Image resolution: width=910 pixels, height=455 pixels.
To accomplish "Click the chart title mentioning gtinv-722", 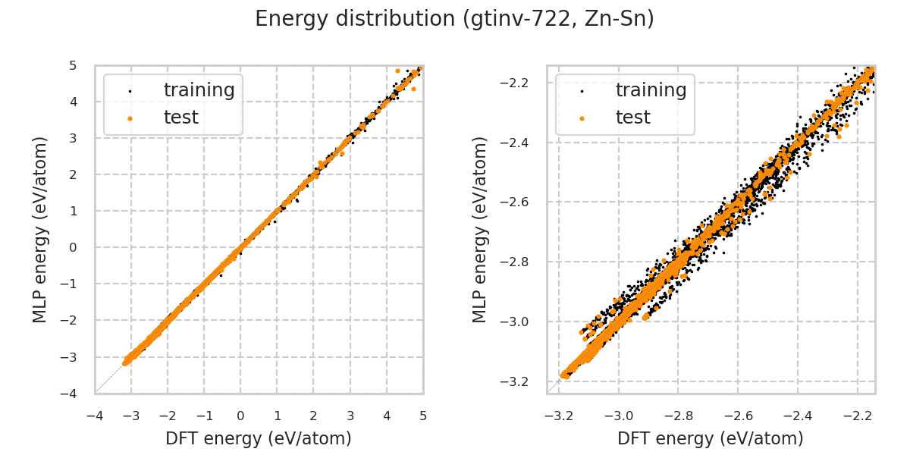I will pos(454,19).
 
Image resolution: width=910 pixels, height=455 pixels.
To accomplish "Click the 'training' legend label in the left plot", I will pos(199,90).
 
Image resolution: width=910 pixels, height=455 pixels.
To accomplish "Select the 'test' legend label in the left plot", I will pos(180,118).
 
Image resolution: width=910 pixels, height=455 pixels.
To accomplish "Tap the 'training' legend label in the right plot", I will pos(651,90).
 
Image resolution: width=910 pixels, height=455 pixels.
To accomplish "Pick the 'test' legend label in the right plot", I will pos(632,118).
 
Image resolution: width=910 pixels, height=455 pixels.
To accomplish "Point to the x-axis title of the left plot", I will pos(259,438).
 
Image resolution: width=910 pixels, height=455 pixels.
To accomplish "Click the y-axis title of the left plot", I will pos(41,229).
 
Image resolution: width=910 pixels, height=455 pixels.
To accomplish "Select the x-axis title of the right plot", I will pos(711,438).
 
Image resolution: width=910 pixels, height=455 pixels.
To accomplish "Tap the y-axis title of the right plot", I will pos(480,229).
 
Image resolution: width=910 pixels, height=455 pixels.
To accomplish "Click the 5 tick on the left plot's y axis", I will pos(73,65).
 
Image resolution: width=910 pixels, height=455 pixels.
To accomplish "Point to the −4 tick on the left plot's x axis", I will pos(95,416).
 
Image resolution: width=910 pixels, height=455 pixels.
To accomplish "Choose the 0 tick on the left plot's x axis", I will pos(240,416).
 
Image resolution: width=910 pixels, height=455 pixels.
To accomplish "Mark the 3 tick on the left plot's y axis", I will pos(73,138).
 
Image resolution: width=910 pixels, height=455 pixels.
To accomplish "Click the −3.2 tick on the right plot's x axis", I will pos(559,416).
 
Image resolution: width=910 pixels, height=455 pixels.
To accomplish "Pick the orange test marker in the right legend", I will pos(582,118).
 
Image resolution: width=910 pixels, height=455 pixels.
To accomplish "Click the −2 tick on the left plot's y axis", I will pos(71,320).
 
